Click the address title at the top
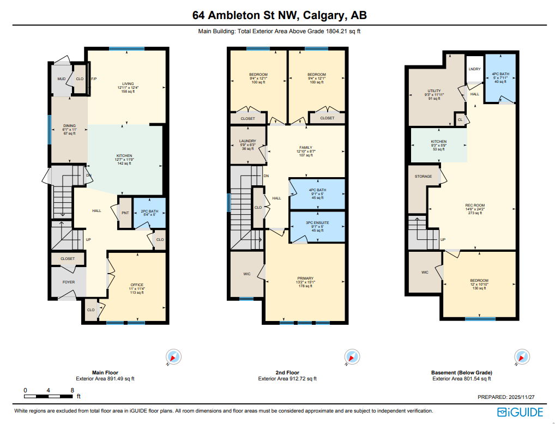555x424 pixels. pos(279,15)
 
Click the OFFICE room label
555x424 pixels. pos(137,285)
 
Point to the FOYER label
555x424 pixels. pos(68,282)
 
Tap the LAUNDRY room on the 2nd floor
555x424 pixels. pos(248,144)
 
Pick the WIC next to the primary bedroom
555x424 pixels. pos(246,274)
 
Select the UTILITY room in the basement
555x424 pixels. pos(434,92)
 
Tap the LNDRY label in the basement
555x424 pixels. pos(475,69)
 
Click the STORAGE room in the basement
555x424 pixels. pos(423,177)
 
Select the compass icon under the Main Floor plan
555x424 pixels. pos(174,358)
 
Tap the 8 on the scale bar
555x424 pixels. pos(73,390)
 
